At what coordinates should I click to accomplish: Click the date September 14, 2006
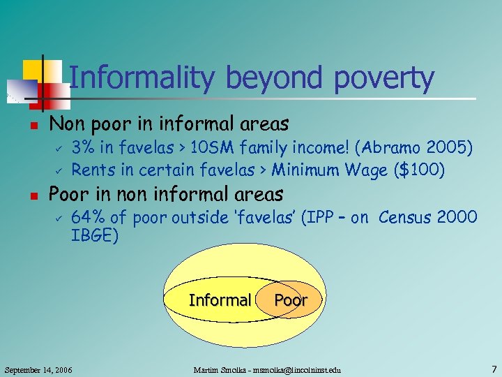38,368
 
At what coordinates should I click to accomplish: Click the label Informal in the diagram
220,300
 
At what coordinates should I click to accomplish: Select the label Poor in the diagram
291,300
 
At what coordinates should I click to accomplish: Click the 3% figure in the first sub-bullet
84,148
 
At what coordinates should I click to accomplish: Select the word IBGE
95,236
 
